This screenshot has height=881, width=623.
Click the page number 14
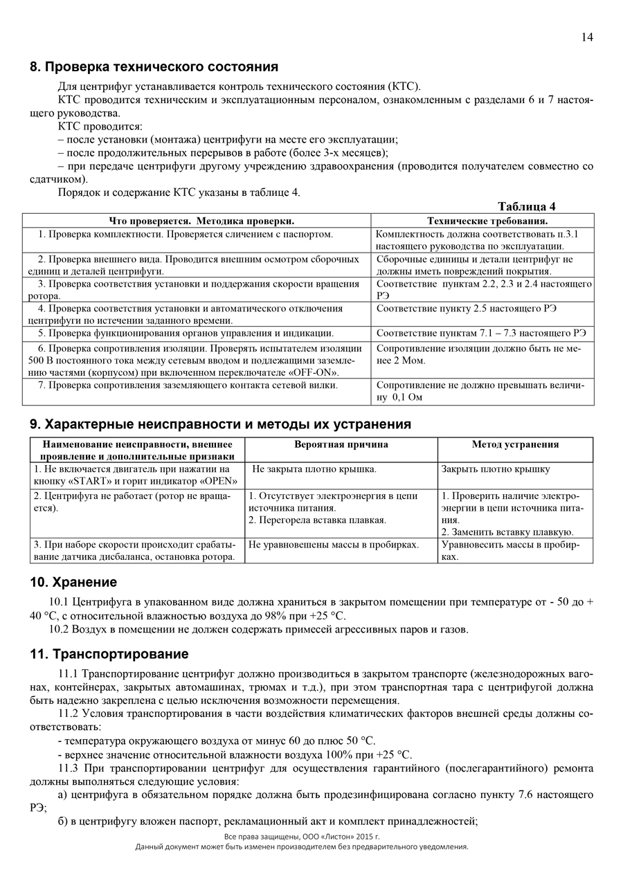(x=586, y=37)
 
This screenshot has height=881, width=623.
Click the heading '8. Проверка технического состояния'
(x=154, y=67)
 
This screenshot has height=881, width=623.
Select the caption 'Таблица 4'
(x=527, y=206)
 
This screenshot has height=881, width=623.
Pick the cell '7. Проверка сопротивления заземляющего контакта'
(x=188, y=385)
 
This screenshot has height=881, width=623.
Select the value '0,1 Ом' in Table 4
(x=408, y=397)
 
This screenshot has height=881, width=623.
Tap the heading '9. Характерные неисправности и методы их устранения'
(x=220, y=424)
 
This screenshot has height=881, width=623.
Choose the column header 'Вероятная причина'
(x=341, y=444)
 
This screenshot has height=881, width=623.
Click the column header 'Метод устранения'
(x=515, y=444)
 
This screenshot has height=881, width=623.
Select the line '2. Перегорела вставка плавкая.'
(x=317, y=519)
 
